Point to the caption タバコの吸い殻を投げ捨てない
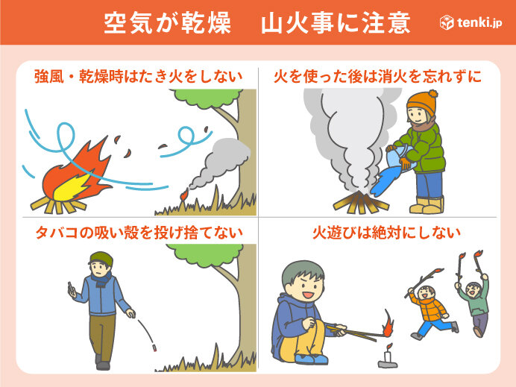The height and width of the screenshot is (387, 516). (x=139, y=232)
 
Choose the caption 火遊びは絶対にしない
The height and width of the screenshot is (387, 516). (x=377, y=232)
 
